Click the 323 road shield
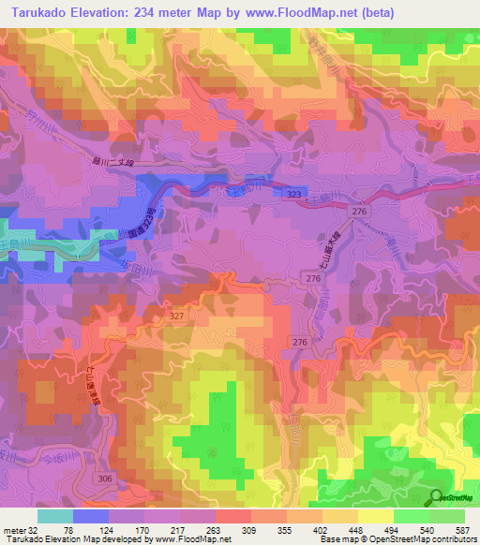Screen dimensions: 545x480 pyautogui.click(x=296, y=192)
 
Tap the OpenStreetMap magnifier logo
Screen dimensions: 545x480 pyautogui.click(x=438, y=497)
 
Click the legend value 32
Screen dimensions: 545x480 pyautogui.click(x=37, y=530)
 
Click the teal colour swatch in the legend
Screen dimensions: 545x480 pyautogui.click(x=54, y=516)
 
